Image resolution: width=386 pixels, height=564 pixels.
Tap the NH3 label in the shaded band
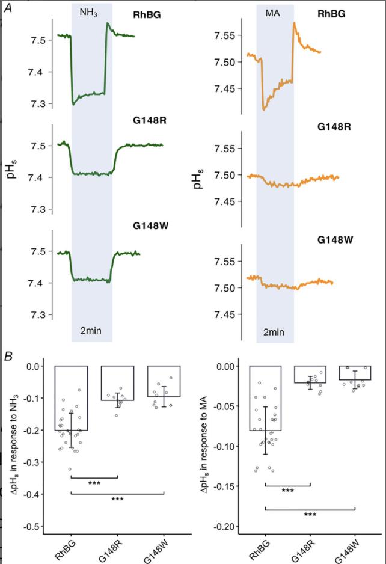click(x=88, y=11)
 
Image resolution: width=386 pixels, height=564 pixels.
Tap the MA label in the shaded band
click(x=274, y=11)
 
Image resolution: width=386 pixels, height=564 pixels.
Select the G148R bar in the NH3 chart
click(x=117, y=383)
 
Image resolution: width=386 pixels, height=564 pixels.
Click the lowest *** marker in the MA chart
click(x=310, y=515)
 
